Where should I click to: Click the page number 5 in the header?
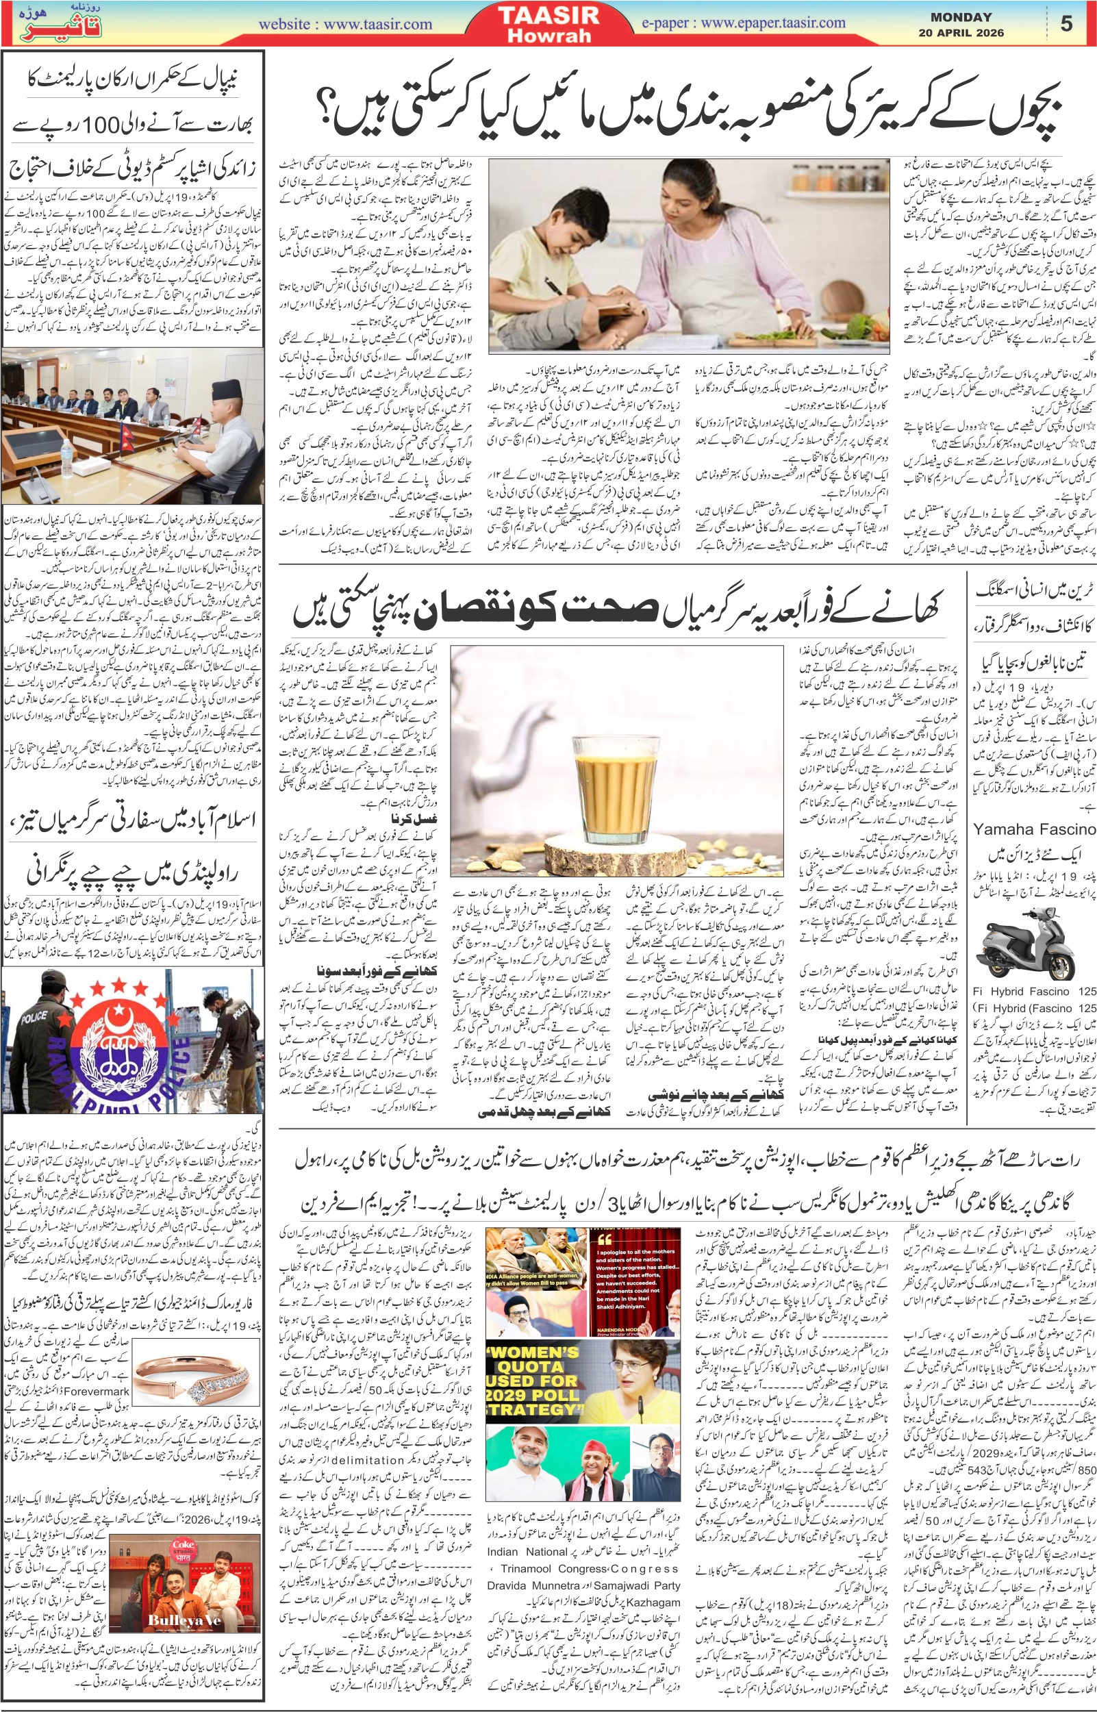point(1066,23)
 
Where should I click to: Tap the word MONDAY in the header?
point(961,17)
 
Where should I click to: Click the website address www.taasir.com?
point(377,24)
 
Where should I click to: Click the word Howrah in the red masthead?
point(548,36)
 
